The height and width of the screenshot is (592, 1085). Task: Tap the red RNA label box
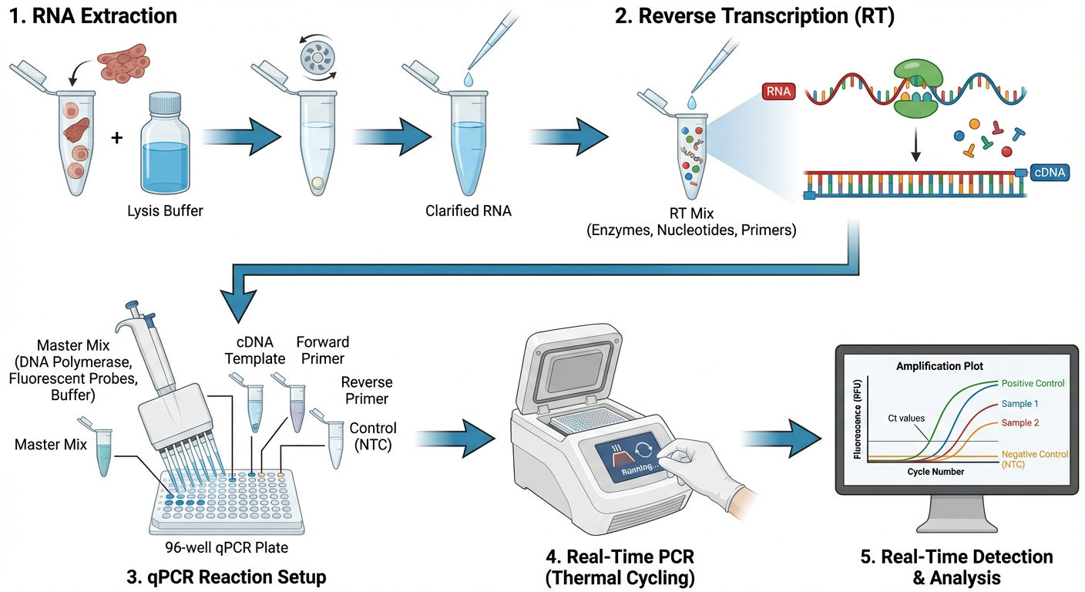point(777,92)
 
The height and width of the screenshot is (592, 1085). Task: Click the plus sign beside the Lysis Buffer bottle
point(117,139)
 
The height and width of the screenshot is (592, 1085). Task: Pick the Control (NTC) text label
point(373,436)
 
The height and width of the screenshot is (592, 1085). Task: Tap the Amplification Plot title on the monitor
point(939,366)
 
